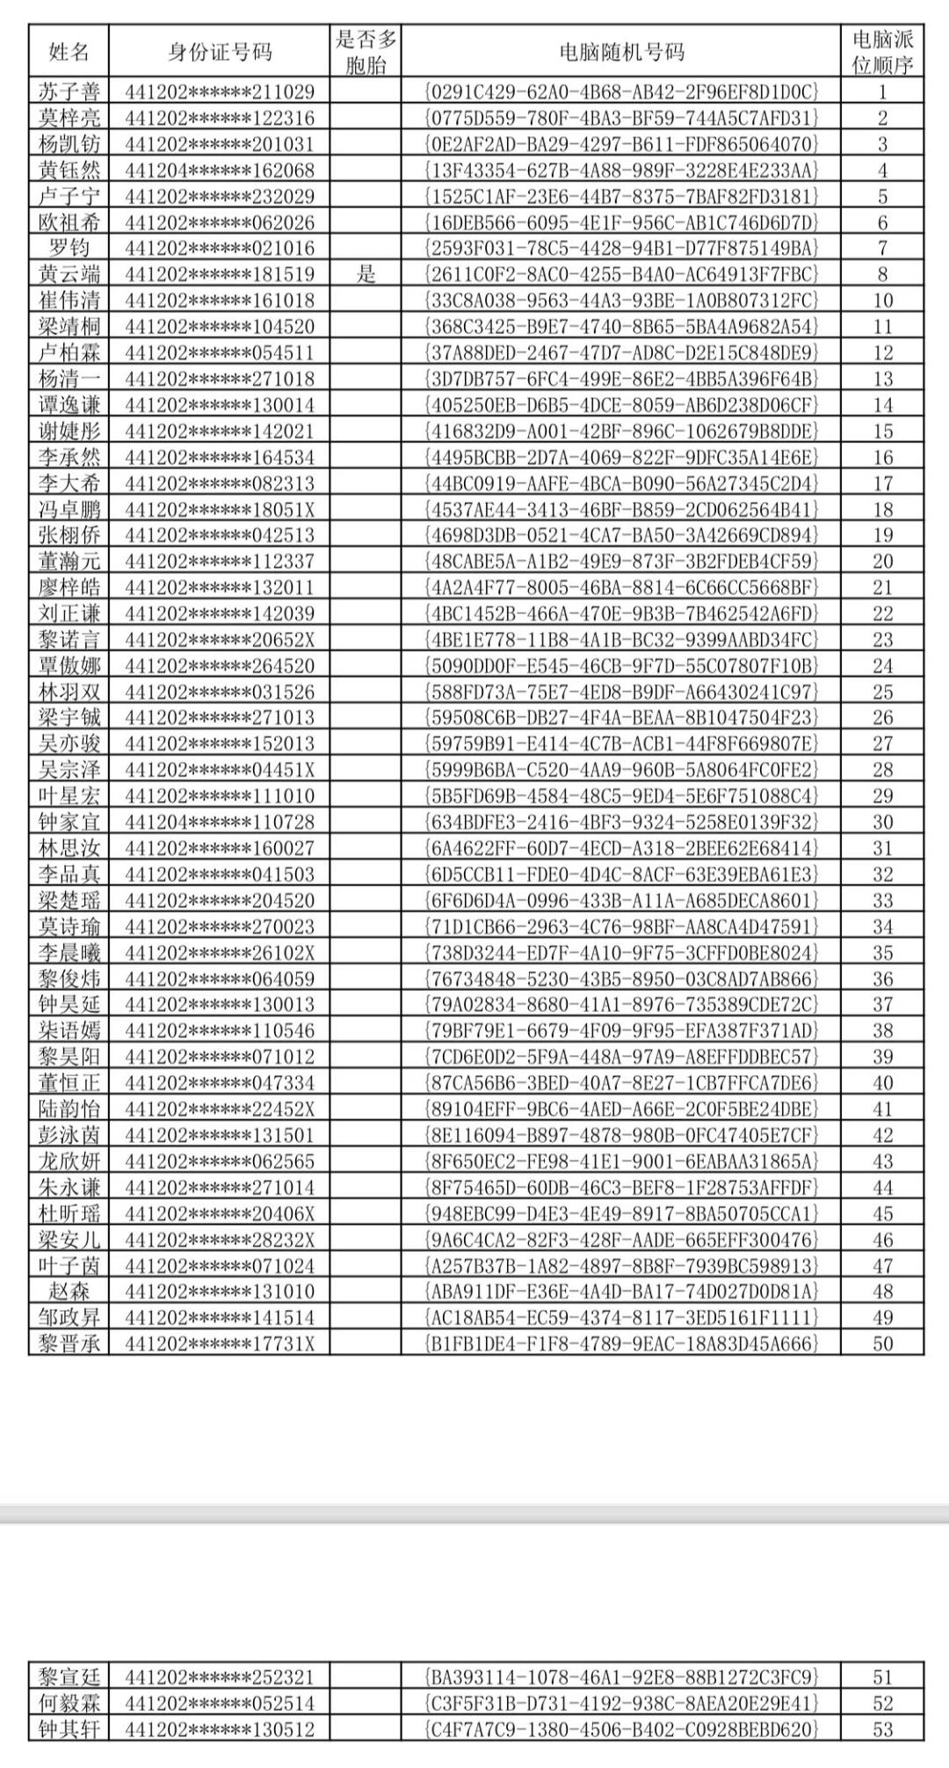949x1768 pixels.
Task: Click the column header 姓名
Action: point(69,52)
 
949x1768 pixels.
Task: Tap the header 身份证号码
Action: point(220,52)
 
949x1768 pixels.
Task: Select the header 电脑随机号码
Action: point(621,52)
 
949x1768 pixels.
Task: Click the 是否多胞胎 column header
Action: point(366,52)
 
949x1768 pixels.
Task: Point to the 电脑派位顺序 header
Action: point(882,52)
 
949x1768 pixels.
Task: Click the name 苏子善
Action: point(69,91)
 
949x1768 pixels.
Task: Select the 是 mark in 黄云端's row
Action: point(366,274)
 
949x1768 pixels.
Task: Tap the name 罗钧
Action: point(69,248)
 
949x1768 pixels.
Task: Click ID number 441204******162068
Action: point(220,170)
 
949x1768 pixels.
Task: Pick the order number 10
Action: point(882,301)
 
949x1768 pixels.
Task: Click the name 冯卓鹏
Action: point(69,509)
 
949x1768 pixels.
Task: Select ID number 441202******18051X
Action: point(220,509)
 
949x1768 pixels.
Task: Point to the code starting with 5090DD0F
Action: point(621,666)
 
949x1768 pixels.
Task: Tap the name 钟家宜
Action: point(69,822)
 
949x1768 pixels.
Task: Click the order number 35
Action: point(882,953)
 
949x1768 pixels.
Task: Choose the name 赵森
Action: point(69,1291)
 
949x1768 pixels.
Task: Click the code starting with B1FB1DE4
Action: point(621,1343)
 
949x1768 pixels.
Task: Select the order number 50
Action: point(882,1343)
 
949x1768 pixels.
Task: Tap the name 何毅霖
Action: point(69,1703)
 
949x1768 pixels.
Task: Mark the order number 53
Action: point(882,1729)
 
